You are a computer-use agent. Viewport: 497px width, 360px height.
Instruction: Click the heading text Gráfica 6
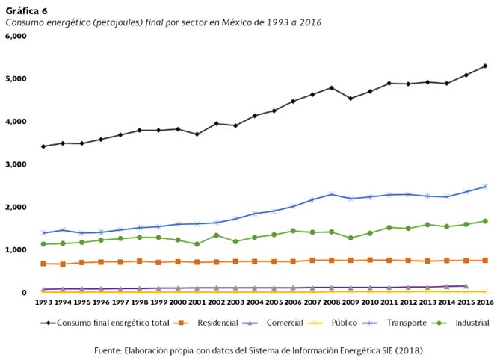tap(26, 10)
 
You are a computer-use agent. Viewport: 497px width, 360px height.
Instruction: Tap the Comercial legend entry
tap(284, 323)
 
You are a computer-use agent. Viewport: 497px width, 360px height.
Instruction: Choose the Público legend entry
tap(345, 323)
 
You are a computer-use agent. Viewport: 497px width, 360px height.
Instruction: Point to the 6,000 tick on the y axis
tap(16, 36)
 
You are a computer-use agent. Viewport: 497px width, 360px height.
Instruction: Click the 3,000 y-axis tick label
tap(16, 164)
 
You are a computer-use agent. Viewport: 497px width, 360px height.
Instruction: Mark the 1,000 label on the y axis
tap(16, 250)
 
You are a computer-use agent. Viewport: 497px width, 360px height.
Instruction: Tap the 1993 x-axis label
tap(44, 302)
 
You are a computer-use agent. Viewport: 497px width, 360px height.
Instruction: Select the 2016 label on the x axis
tap(484, 302)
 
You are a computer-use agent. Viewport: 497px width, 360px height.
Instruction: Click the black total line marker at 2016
tap(484, 66)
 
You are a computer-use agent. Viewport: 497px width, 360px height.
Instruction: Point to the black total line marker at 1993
tap(44, 146)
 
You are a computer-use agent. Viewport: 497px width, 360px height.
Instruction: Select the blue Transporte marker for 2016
tap(484, 186)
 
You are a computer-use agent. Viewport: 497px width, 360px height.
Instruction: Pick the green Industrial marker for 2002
tap(216, 235)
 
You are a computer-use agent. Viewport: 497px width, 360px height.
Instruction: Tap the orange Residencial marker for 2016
tap(484, 260)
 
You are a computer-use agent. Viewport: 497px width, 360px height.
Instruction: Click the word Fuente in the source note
tap(110, 350)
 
